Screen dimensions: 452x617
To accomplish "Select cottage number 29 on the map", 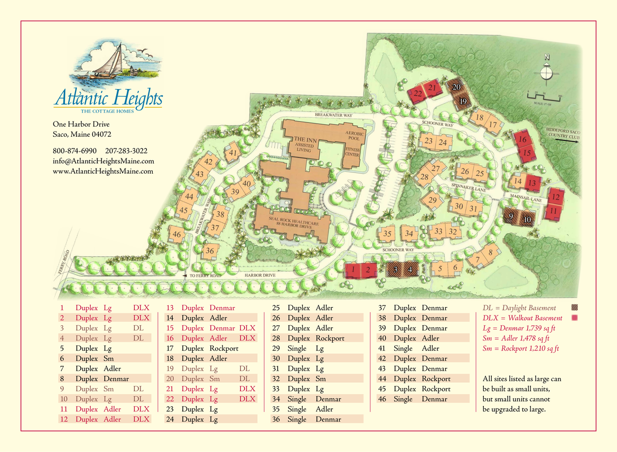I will [x=433, y=200].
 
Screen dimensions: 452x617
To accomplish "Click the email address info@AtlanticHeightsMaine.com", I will [x=104, y=161].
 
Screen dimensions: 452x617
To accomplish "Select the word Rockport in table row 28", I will [x=330, y=338].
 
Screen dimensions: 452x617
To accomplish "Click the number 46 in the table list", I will [x=382, y=399].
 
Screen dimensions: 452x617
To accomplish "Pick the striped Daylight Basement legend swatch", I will [x=575, y=308].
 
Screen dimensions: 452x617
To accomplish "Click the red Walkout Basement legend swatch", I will [x=575, y=318].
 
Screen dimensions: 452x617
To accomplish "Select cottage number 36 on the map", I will [x=210, y=251].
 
